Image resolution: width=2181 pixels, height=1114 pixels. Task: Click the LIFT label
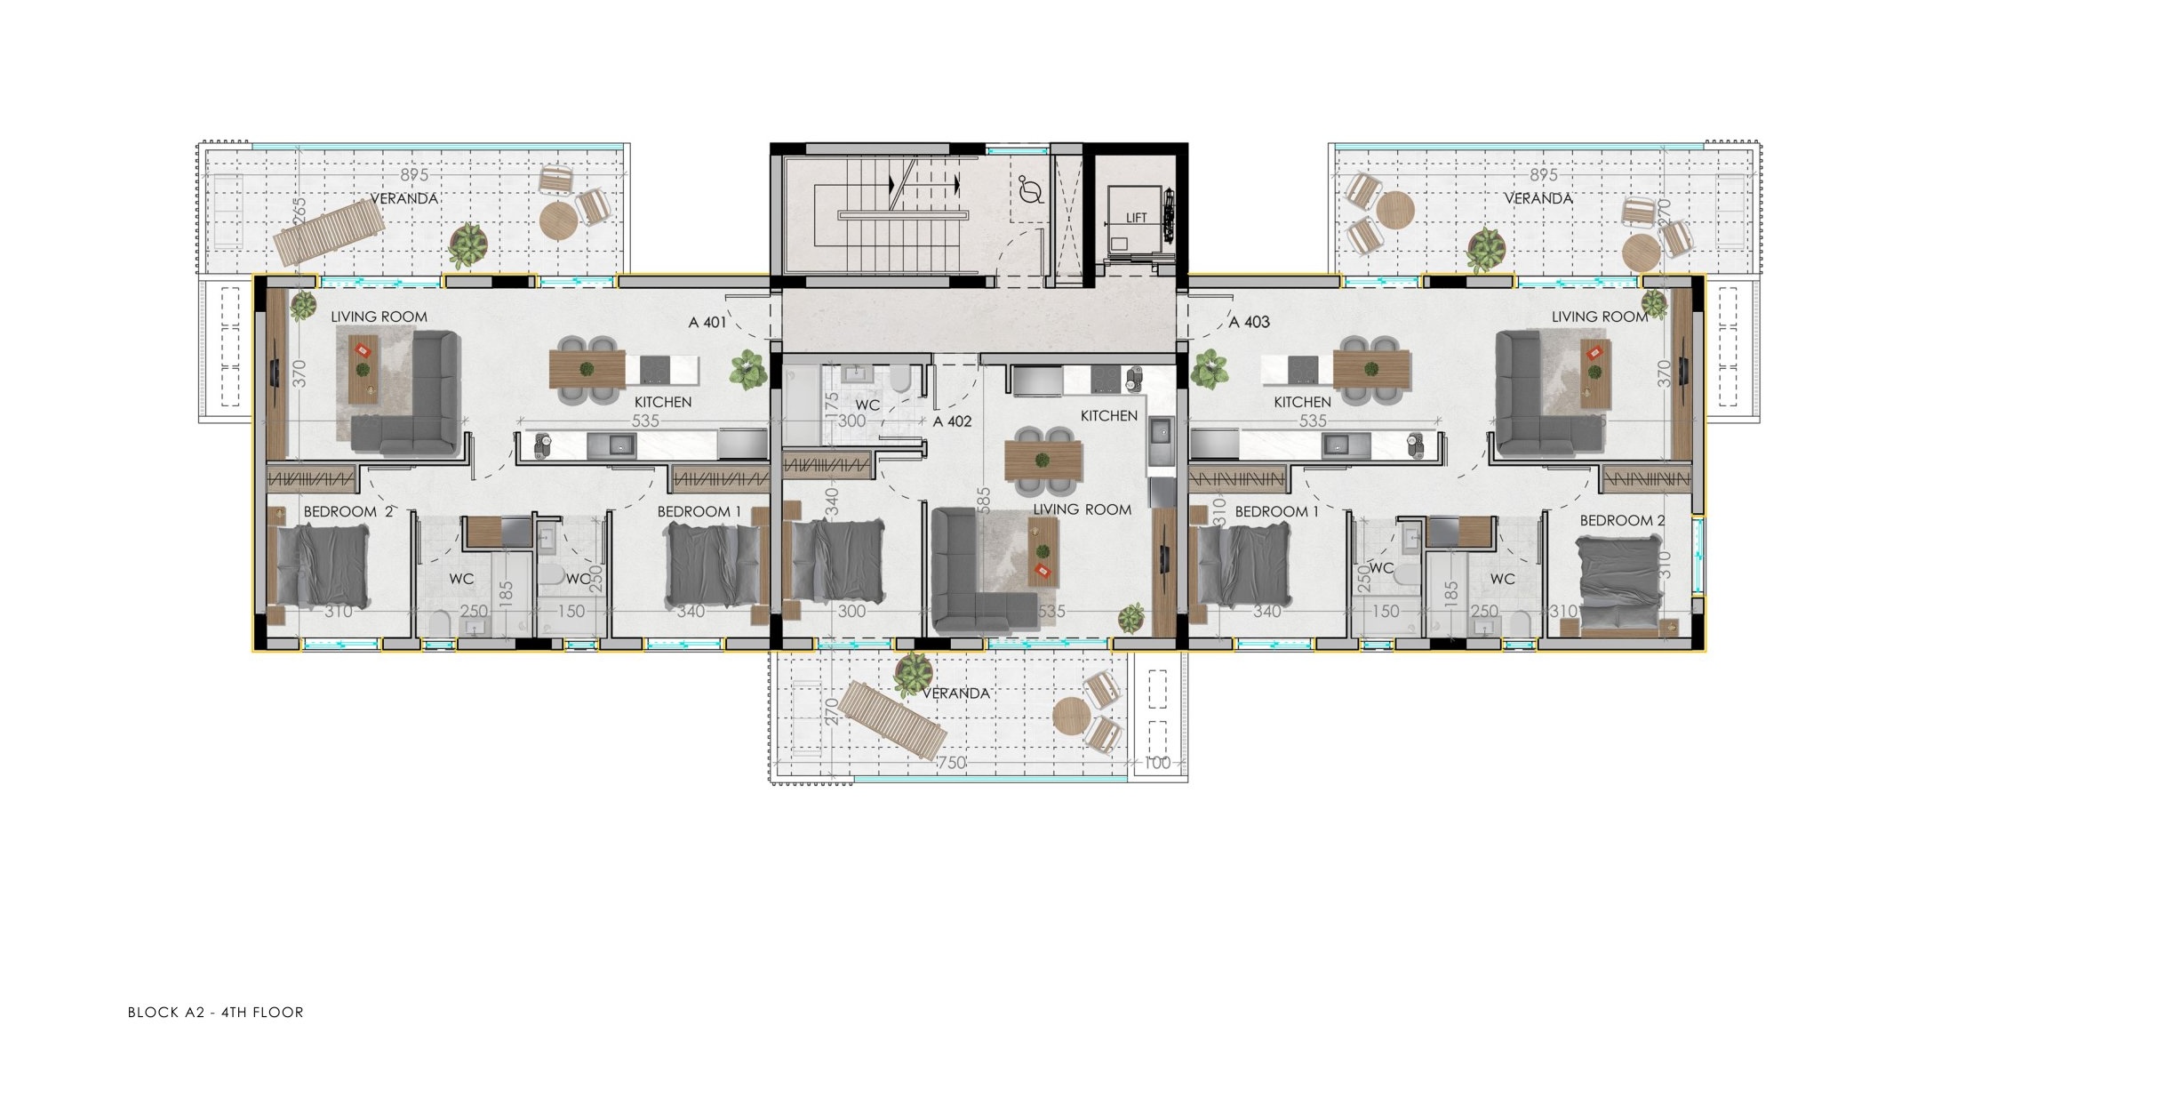1136,218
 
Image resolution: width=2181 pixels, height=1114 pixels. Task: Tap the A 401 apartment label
707,323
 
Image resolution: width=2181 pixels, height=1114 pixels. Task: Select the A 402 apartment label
952,421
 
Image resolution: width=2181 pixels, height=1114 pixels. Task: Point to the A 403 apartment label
1249,323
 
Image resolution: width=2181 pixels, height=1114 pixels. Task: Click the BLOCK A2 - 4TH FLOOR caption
216,1012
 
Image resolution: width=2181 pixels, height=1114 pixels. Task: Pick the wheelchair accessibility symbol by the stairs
1031,190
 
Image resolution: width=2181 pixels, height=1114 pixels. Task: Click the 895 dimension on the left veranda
414,176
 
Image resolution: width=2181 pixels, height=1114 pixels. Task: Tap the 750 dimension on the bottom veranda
952,763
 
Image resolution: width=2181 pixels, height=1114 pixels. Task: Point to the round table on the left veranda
557,220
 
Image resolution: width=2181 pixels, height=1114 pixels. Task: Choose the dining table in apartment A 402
1043,461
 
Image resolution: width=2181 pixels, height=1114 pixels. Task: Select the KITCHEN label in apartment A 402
1108,416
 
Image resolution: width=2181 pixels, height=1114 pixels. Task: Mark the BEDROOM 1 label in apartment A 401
699,512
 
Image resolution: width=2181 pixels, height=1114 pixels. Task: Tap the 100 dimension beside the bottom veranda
1156,763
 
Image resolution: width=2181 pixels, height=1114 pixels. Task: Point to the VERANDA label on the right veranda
1538,198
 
